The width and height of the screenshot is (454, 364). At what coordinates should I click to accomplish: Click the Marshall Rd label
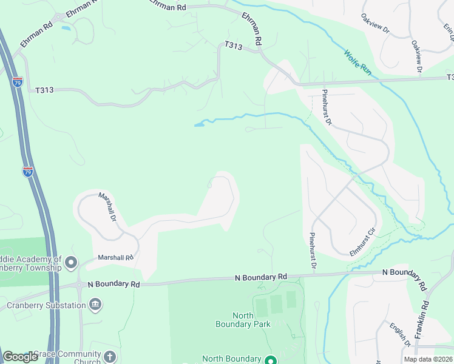[115, 258]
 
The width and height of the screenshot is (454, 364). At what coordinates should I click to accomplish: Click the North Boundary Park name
[243, 320]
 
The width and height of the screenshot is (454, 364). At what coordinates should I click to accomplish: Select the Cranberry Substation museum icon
[95, 304]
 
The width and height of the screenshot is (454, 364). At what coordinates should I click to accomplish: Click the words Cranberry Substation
[46, 305]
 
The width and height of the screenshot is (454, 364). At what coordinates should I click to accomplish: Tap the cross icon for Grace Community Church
[110, 356]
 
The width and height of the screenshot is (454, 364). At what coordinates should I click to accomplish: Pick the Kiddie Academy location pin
[71, 263]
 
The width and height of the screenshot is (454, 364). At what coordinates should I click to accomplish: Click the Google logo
[20, 357]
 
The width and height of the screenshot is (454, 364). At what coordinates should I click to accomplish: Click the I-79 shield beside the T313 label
[18, 82]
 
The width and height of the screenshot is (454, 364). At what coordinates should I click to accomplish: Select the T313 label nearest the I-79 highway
[44, 90]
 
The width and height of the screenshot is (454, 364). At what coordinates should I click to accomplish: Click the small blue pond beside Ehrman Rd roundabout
[66, 28]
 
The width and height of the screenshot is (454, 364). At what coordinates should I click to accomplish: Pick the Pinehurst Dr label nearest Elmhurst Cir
[313, 251]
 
